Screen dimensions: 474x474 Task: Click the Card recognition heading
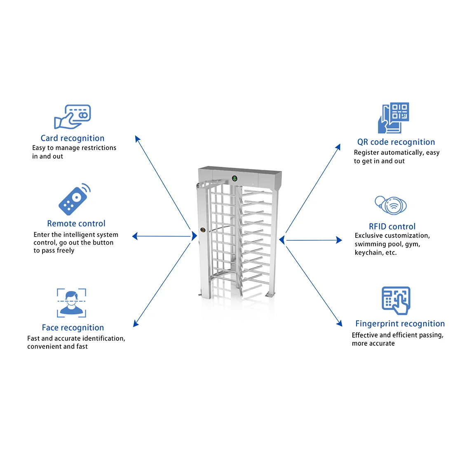pos(73,138)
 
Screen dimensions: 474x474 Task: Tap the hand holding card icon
pos(72,117)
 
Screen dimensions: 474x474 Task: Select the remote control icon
pos(74,199)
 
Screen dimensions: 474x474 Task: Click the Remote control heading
pos(76,223)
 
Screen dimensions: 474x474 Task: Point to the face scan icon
pos(71,303)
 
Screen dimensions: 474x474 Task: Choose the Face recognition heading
pos(73,328)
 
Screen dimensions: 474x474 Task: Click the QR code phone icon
pos(394,118)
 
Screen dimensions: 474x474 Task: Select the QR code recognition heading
pos(396,142)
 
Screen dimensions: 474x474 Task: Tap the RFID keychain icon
pos(391,205)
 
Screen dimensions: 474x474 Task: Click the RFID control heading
pos(392,226)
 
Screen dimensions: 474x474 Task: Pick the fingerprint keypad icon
pos(396,300)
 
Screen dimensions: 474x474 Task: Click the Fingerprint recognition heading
pos(400,324)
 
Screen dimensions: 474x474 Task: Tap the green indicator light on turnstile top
pos(235,178)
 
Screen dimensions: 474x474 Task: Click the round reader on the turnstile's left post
pos(203,230)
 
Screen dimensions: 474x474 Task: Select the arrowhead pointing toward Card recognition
pos(138,139)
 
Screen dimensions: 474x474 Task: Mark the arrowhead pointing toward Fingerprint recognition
pos(339,323)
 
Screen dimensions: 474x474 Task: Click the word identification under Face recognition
pos(103,338)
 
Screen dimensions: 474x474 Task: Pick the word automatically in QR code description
pos(402,153)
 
